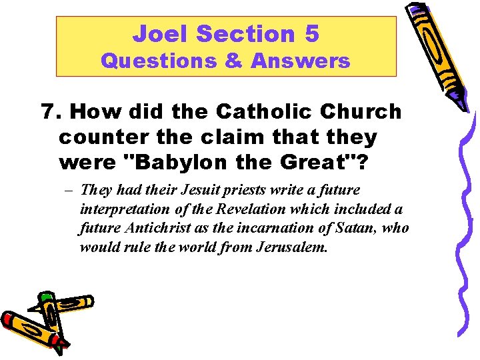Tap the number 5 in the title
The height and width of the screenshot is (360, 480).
311,33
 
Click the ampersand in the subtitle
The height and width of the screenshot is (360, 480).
233,61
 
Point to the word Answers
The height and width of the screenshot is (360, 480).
301,61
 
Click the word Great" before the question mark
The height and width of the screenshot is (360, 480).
295,163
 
